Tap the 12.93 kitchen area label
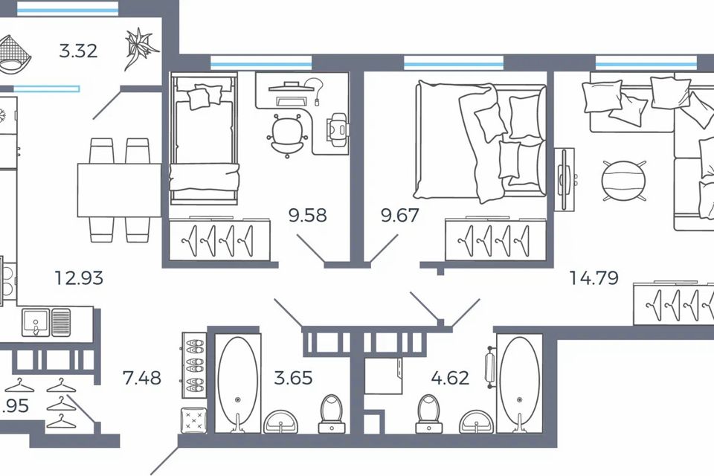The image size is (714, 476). coord(79,279)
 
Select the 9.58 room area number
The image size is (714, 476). coord(308,216)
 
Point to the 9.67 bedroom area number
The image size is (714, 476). coord(400,216)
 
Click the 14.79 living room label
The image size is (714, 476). coord(594,279)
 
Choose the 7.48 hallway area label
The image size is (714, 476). coord(142,378)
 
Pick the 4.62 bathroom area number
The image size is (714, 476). coord(450,378)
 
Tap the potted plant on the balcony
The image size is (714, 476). coord(141,48)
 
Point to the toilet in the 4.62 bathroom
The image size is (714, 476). coord(428,413)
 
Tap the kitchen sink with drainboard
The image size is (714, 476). coord(46,322)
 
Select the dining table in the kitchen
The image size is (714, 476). coord(119,190)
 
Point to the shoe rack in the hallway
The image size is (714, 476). coord(194,364)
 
